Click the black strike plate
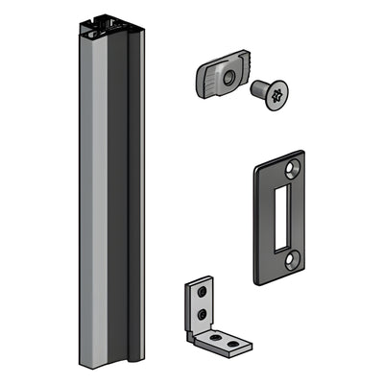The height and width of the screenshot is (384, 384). pos(266,216)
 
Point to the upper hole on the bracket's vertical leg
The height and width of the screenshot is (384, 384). pos(201,292)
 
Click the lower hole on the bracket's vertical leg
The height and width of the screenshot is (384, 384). pos(201,312)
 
